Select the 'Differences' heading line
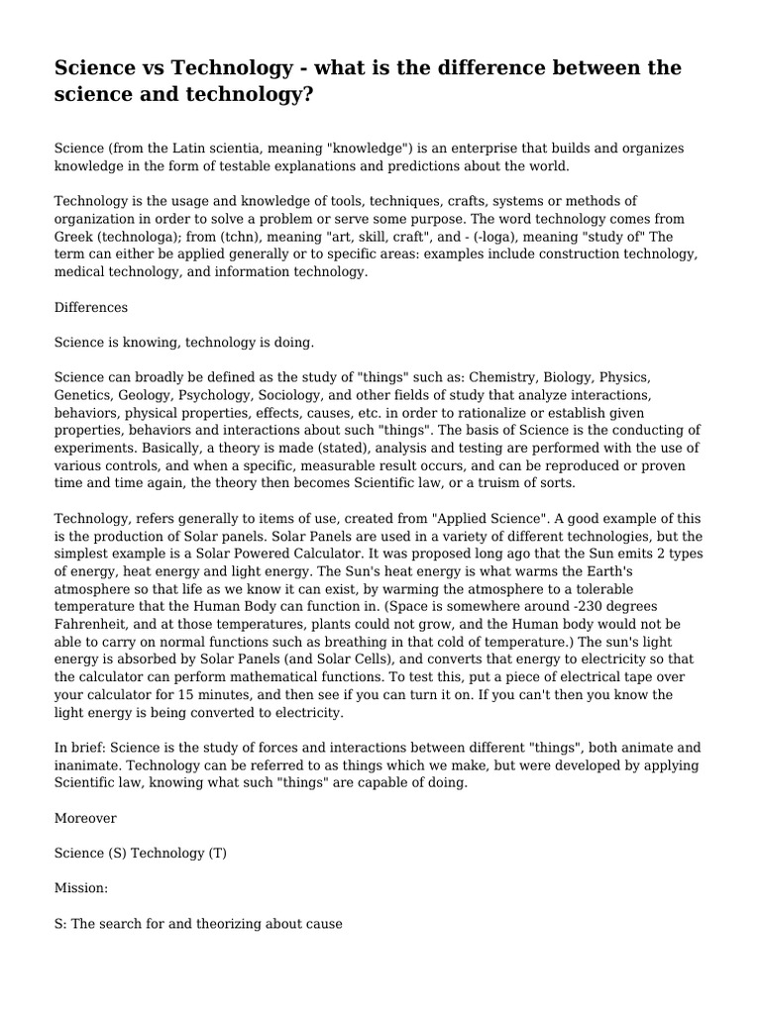pyautogui.click(x=91, y=308)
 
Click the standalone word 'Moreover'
pyautogui.click(x=85, y=818)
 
